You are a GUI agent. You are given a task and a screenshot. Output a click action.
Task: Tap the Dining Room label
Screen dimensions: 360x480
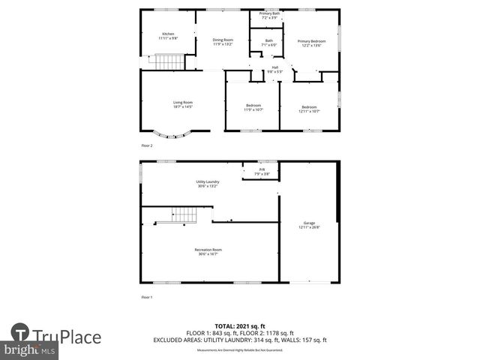pyautogui.click(x=223, y=42)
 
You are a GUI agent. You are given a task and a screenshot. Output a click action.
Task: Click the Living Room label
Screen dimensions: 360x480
pyautogui.click(x=184, y=104)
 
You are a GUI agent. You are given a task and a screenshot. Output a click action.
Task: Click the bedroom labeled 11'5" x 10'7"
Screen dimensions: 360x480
pyautogui.click(x=253, y=107)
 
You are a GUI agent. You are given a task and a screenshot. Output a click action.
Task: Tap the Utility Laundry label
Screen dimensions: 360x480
pyautogui.click(x=208, y=184)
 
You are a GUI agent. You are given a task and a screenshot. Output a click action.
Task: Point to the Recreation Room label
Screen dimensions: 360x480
pyautogui.click(x=208, y=251)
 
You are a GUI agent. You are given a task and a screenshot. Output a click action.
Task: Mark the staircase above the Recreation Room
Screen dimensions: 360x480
pyautogui.click(x=183, y=215)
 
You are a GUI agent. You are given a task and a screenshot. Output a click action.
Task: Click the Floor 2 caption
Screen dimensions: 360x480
pyautogui.click(x=147, y=145)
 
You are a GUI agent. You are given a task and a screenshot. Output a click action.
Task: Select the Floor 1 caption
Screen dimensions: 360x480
pyautogui.click(x=147, y=298)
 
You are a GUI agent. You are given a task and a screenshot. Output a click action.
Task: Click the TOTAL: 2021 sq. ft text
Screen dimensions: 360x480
pyautogui.click(x=240, y=326)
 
